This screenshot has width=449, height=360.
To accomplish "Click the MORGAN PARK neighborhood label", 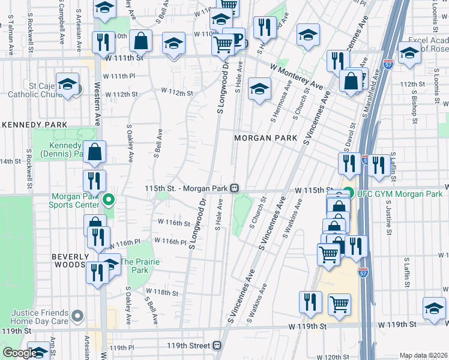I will coord(265,138).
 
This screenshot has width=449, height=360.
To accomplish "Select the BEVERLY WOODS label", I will coord(70,261).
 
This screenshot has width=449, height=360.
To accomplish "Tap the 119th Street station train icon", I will coord(217,346).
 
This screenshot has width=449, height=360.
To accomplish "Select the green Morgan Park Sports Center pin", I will coord(109,199).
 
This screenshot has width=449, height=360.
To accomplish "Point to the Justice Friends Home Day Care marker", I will coord(77,316).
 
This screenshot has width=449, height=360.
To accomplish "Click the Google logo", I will coord(19,353).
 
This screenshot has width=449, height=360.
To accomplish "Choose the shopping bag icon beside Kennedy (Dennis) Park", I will coord(95,152).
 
